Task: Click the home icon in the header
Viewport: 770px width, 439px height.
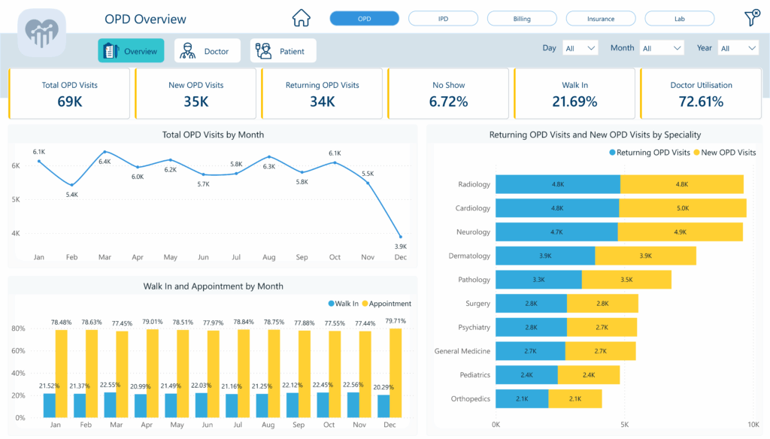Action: [301, 18]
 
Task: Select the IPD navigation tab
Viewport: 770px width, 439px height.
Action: [443, 19]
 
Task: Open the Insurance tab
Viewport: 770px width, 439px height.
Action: [600, 19]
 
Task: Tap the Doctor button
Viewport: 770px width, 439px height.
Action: [207, 51]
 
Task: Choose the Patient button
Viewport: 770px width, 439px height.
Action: [283, 51]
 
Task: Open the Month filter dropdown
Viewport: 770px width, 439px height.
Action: [662, 48]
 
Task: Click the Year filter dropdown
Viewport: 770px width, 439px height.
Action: [738, 48]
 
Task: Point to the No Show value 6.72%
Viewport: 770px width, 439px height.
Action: [448, 101]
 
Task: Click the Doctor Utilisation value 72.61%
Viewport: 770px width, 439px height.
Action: [701, 101]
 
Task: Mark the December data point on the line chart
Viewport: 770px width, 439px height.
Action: [400, 237]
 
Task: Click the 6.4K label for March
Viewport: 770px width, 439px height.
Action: [105, 162]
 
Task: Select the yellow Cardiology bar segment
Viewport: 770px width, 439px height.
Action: [682, 208]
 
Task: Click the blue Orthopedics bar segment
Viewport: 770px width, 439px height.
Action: [522, 398]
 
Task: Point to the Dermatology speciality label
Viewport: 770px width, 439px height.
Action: [469, 256]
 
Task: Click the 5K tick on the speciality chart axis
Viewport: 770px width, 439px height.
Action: [624, 425]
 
